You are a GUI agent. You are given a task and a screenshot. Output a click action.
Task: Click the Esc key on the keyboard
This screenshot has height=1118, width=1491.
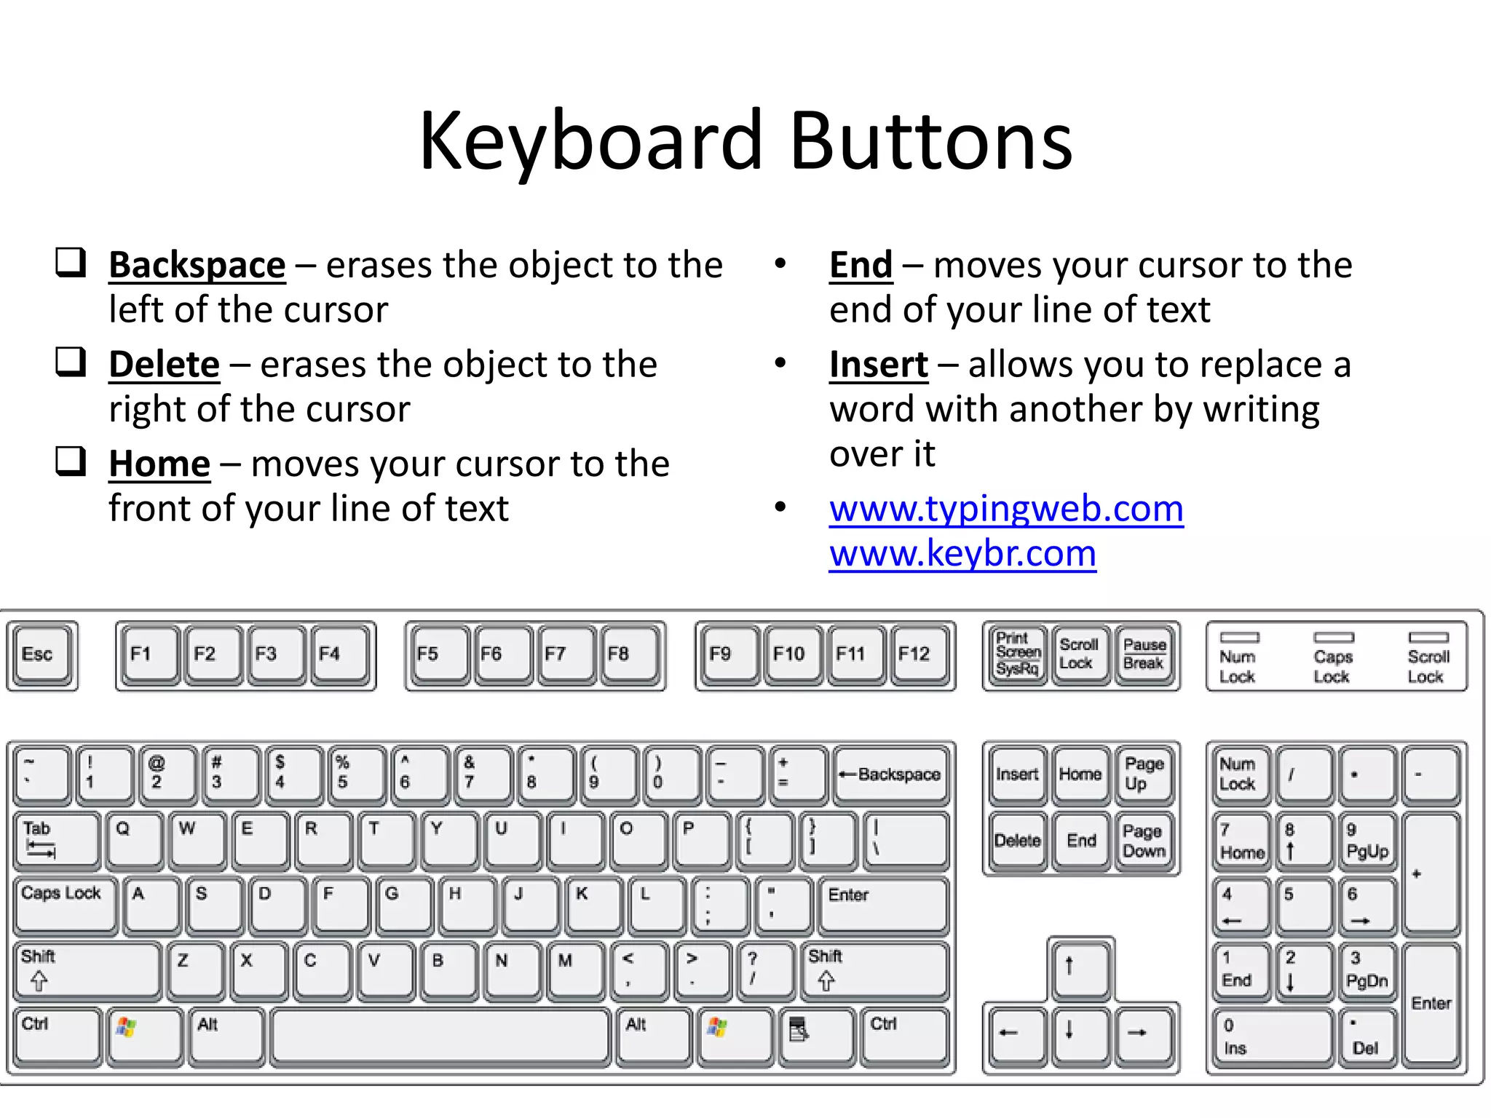click(41, 654)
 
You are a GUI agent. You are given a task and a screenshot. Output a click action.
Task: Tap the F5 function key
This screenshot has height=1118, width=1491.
click(437, 654)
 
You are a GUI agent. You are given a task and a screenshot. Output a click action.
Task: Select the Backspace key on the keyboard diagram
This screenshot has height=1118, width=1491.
click(892, 774)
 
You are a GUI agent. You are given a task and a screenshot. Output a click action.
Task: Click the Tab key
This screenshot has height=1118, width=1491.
click(57, 839)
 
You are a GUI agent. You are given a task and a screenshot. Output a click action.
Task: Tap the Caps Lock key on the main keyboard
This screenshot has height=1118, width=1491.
click(64, 903)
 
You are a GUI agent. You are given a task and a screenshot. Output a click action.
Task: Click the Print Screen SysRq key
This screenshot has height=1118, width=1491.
click(1017, 654)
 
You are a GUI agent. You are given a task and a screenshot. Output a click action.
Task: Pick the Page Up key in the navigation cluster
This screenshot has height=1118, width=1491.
click(1144, 774)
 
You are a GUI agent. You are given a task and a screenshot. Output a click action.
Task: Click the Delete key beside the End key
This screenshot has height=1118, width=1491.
click(1017, 841)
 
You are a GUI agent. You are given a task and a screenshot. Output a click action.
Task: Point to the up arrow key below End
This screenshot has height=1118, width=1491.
click(1080, 967)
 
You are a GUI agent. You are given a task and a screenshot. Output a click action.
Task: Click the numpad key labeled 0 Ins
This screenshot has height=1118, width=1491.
click(1272, 1036)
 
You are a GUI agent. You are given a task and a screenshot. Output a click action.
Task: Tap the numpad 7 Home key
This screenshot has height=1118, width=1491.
click(1241, 841)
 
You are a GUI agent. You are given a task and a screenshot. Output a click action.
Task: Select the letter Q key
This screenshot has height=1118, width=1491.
click(133, 839)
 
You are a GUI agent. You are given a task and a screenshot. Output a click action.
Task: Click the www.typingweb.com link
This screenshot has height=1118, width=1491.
click(1006, 509)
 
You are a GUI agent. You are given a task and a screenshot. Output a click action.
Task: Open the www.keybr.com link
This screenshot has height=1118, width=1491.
click(962, 554)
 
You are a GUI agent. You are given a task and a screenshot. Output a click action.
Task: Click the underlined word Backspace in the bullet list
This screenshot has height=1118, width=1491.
click(197, 265)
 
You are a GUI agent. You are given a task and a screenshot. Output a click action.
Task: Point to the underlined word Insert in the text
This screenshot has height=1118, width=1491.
click(879, 365)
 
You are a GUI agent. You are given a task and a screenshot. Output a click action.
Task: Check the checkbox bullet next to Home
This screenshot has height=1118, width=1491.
click(71, 461)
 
